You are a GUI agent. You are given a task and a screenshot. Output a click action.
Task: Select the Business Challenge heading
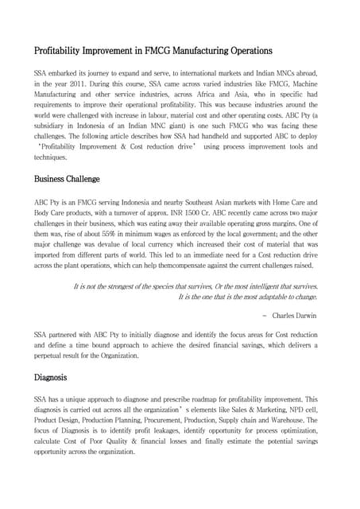(66, 179)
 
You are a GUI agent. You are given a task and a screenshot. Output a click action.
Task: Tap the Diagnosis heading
(50, 376)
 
